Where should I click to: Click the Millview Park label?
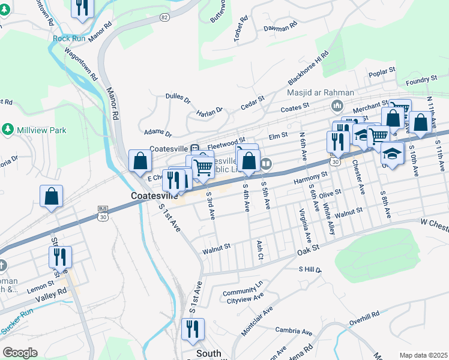[x=34, y=129]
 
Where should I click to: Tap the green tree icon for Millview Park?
[x=8, y=129]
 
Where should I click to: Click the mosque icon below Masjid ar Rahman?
[x=337, y=106]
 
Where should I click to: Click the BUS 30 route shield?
[x=103, y=213]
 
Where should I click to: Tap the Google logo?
[x=20, y=353]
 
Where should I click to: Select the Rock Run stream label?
[x=69, y=38]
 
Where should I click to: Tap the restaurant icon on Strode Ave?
[x=61, y=257]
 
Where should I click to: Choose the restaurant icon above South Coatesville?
[x=193, y=329]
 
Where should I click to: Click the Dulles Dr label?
[x=178, y=98]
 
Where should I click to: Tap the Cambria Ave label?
[x=294, y=331]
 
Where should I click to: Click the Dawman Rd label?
[x=280, y=27]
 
